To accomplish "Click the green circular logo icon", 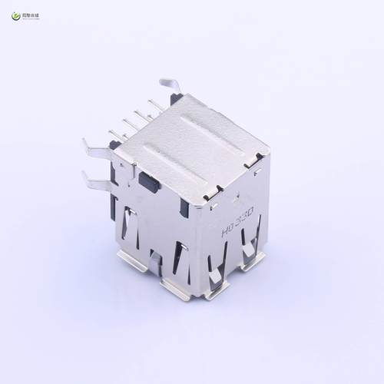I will tap(12, 13).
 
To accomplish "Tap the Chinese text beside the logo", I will tap(32, 13).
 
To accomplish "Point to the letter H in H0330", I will tap(225, 230).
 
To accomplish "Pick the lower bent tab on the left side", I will tap(95, 181).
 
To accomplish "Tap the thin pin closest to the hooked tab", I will tap(154, 105).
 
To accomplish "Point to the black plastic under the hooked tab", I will tap(177, 99).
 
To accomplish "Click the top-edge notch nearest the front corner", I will tap(210, 197).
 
